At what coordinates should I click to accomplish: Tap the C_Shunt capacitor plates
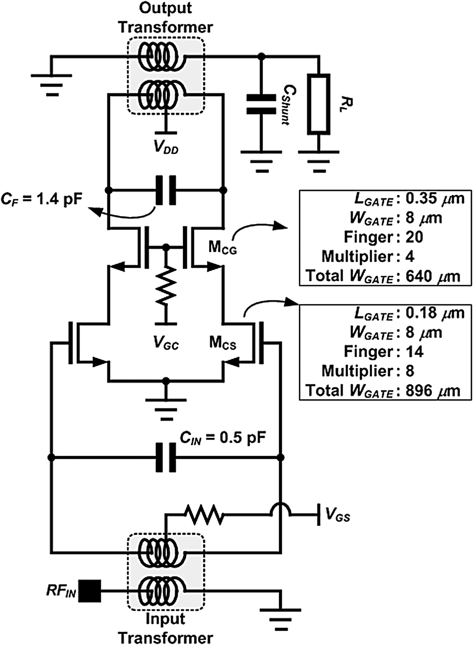pyautogui.click(x=261, y=104)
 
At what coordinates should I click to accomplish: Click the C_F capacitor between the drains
pyautogui.click(x=166, y=190)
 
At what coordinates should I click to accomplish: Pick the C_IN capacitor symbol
pyautogui.click(x=166, y=458)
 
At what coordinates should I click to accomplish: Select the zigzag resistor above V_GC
pyautogui.click(x=166, y=286)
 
